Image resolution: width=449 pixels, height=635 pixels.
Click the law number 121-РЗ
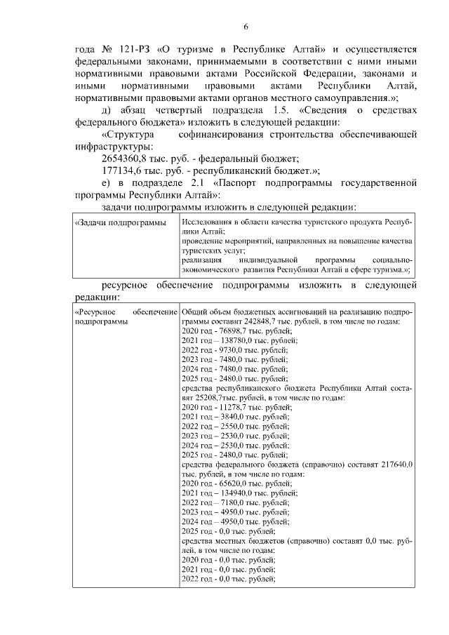click(130, 49)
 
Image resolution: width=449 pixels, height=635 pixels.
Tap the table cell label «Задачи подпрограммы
click(115, 222)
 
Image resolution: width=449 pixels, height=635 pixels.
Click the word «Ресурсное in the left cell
click(95, 311)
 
